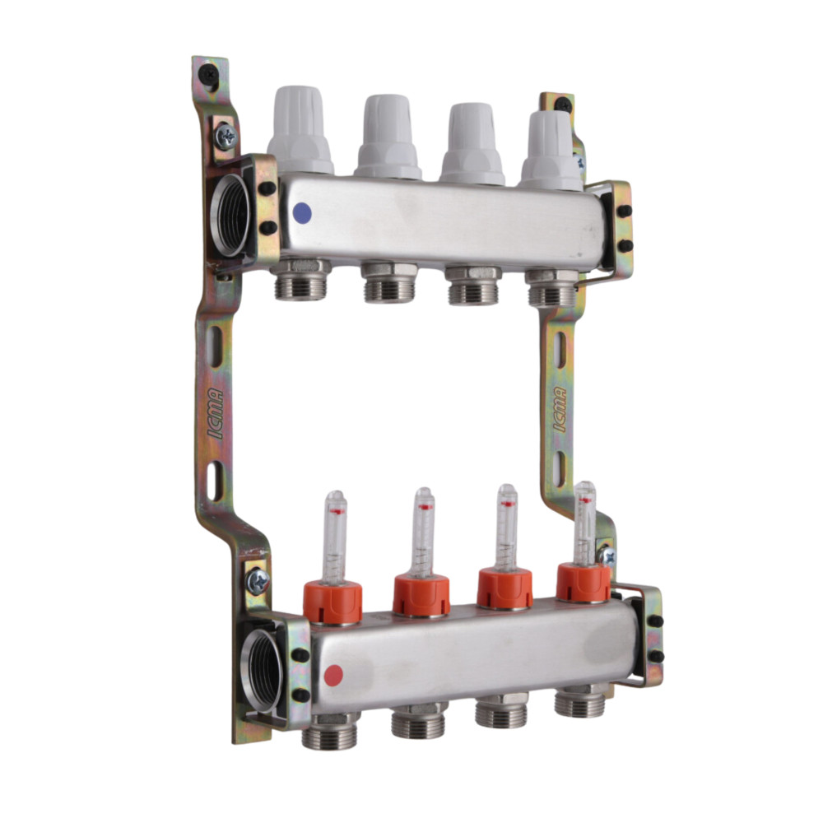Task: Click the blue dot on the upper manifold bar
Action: coord(302,213)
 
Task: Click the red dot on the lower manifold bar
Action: coord(333,676)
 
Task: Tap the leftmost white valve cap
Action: coord(300,130)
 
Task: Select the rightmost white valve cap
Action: coord(551,151)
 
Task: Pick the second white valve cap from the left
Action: coord(388,137)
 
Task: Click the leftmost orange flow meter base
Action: coord(332,602)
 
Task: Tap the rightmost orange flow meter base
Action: coord(584,582)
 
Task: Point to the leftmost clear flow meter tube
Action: coord(335,537)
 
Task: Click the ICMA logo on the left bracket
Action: coord(216,413)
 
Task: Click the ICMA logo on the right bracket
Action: coord(560,409)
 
